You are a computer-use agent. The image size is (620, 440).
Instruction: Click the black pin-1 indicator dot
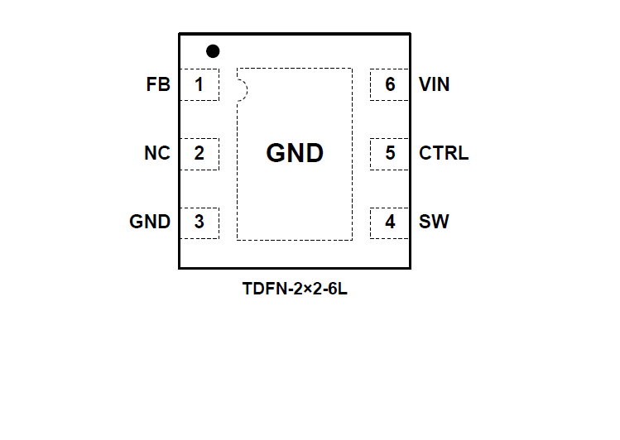(213, 51)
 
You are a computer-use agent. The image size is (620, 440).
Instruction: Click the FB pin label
(158, 84)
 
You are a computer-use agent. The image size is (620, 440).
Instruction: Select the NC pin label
(157, 153)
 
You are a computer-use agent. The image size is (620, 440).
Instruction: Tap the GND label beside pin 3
(150, 222)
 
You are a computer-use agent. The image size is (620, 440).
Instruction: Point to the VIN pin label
(435, 84)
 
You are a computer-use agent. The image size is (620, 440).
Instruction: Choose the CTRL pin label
(444, 153)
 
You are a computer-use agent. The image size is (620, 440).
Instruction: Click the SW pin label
(435, 222)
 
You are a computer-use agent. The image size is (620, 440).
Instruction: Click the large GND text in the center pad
(295, 153)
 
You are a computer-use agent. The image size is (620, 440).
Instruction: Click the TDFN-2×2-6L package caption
(295, 289)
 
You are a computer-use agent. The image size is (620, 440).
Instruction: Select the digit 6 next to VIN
(390, 84)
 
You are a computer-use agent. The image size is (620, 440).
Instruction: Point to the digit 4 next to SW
(390, 222)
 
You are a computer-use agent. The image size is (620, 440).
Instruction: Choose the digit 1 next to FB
(199, 84)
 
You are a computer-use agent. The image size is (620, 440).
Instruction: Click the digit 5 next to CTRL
(390, 153)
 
